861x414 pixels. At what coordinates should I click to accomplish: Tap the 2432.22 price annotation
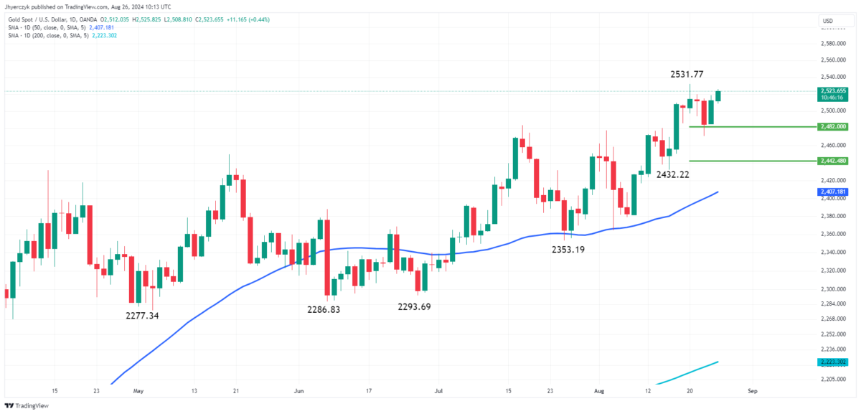(673, 174)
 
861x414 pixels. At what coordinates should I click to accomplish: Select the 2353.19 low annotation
(568, 250)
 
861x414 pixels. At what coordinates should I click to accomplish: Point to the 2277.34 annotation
(142, 316)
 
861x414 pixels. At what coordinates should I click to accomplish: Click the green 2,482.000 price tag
(832, 126)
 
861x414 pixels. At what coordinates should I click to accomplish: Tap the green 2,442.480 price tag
(832, 161)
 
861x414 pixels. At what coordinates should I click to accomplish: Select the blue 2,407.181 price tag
(832, 192)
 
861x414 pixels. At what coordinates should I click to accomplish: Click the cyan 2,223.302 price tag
(832, 362)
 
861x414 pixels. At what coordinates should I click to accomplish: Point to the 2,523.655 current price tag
(832, 91)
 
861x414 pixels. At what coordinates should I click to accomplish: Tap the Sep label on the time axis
(751, 392)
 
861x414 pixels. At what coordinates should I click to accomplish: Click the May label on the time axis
(138, 392)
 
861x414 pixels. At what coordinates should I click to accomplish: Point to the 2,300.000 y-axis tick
(832, 289)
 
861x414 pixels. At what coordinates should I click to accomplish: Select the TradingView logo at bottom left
(23, 405)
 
